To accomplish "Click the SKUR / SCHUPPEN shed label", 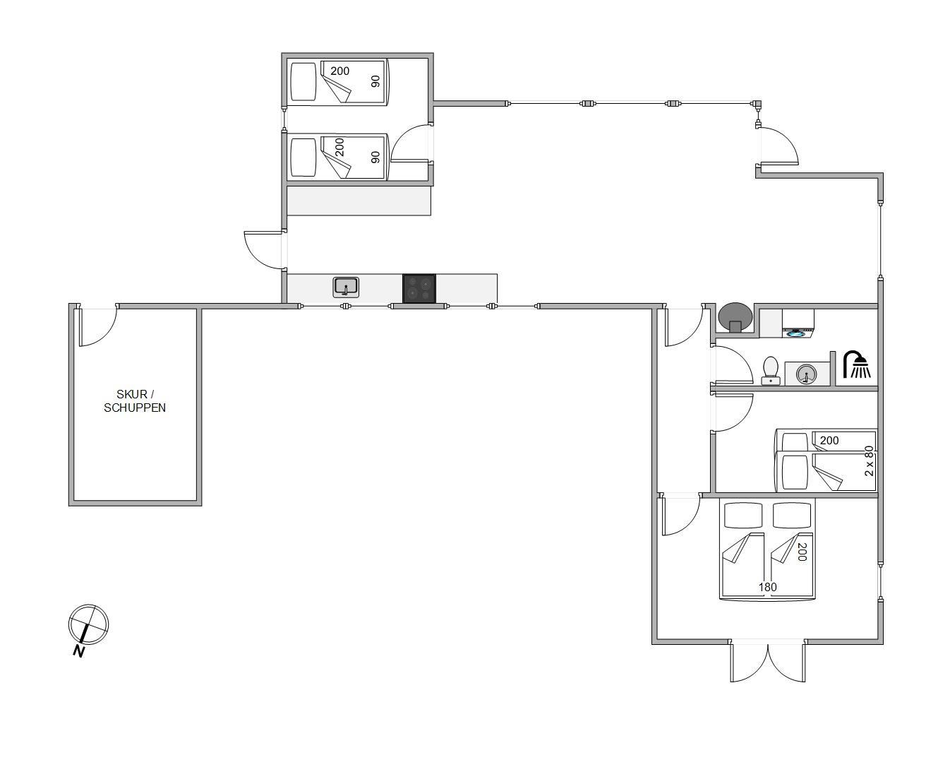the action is pyautogui.click(x=135, y=400).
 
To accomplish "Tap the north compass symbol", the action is pyautogui.click(x=88, y=624).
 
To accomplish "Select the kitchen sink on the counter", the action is pyautogui.click(x=346, y=287).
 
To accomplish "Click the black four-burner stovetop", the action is pyautogui.click(x=419, y=289).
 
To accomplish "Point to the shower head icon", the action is pyautogui.click(x=857, y=364).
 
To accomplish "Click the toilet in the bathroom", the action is pyautogui.click(x=771, y=371).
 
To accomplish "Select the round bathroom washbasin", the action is pyautogui.click(x=807, y=374).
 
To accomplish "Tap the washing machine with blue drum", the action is pyautogui.click(x=798, y=323).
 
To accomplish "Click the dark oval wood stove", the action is pyautogui.click(x=735, y=316).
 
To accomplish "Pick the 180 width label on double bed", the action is pyautogui.click(x=768, y=587).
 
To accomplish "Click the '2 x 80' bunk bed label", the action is pyautogui.click(x=869, y=461).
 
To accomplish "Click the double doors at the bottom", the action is pyautogui.click(x=768, y=660).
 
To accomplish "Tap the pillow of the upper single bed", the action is pyautogui.click(x=304, y=82).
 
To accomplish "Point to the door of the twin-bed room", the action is pyautogui.click(x=409, y=142).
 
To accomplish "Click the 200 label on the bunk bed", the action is pyautogui.click(x=829, y=440).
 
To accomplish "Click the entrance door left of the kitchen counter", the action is pyautogui.click(x=264, y=249).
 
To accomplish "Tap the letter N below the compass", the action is pyautogui.click(x=80, y=651).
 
